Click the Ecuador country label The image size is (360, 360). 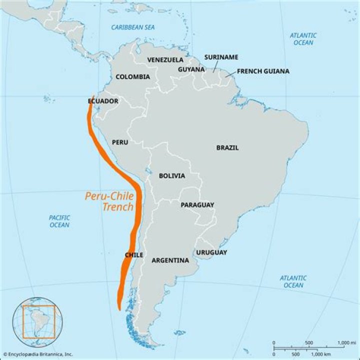[103, 101]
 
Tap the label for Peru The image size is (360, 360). [120, 142]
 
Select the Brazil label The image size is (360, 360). [227, 147]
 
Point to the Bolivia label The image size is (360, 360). [172, 176]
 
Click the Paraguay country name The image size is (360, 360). [197, 205]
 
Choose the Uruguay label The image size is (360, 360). [211, 252]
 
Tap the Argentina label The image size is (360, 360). [170, 260]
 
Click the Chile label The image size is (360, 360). [134, 255]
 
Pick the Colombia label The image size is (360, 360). [132, 77]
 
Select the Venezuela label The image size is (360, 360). [165, 60]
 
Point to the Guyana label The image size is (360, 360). [191, 69]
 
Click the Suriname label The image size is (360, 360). [221, 57]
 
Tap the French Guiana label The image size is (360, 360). [263, 71]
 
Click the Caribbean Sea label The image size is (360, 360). [133, 27]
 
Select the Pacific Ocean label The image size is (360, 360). [59, 221]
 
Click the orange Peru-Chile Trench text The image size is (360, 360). [109, 201]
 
